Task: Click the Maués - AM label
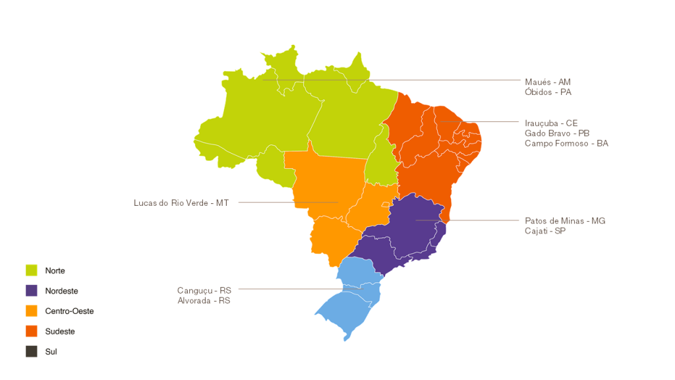(x=547, y=82)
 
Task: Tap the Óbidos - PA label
(x=548, y=92)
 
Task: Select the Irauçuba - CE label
(x=551, y=123)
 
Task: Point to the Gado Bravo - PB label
(x=557, y=133)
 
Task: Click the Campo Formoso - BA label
(x=566, y=143)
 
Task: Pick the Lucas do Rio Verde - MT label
(x=181, y=203)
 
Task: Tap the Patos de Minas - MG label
(x=565, y=221)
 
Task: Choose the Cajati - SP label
(x=545, y=231)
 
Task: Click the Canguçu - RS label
(x=204, y=290)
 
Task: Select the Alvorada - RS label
(x=204, y=300)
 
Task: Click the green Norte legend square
(x=32, y=270)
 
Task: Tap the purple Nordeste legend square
(x=32, y=291)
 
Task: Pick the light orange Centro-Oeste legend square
(x=32, y=311)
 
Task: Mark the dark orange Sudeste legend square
(x=32, y=331)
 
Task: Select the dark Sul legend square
(x=32, y=352)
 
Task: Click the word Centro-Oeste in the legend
(x=69, y=311)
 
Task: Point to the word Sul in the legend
(x=51, y=352)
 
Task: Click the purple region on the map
(x=409, y=231)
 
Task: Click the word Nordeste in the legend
(x=61, y=291)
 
